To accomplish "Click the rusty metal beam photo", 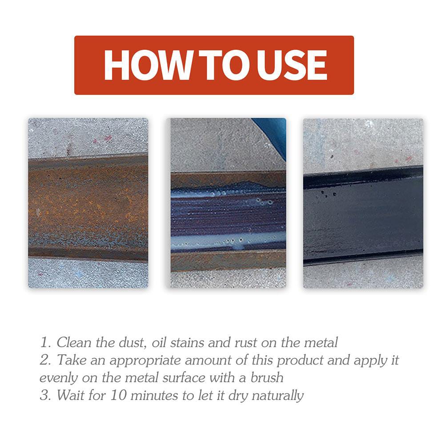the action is click(88, 203).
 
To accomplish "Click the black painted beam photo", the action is click(363, 203).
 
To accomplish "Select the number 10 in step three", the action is click(118, 395).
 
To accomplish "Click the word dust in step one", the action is click(132, 343).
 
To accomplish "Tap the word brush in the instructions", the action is click(267, 378).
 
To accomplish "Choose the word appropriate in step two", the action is click(145, 361).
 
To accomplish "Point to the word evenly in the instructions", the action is click(59, 378).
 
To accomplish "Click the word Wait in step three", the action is click(70, 395).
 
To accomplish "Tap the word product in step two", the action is click(300, 361).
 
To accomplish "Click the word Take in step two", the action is click(72, 360).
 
